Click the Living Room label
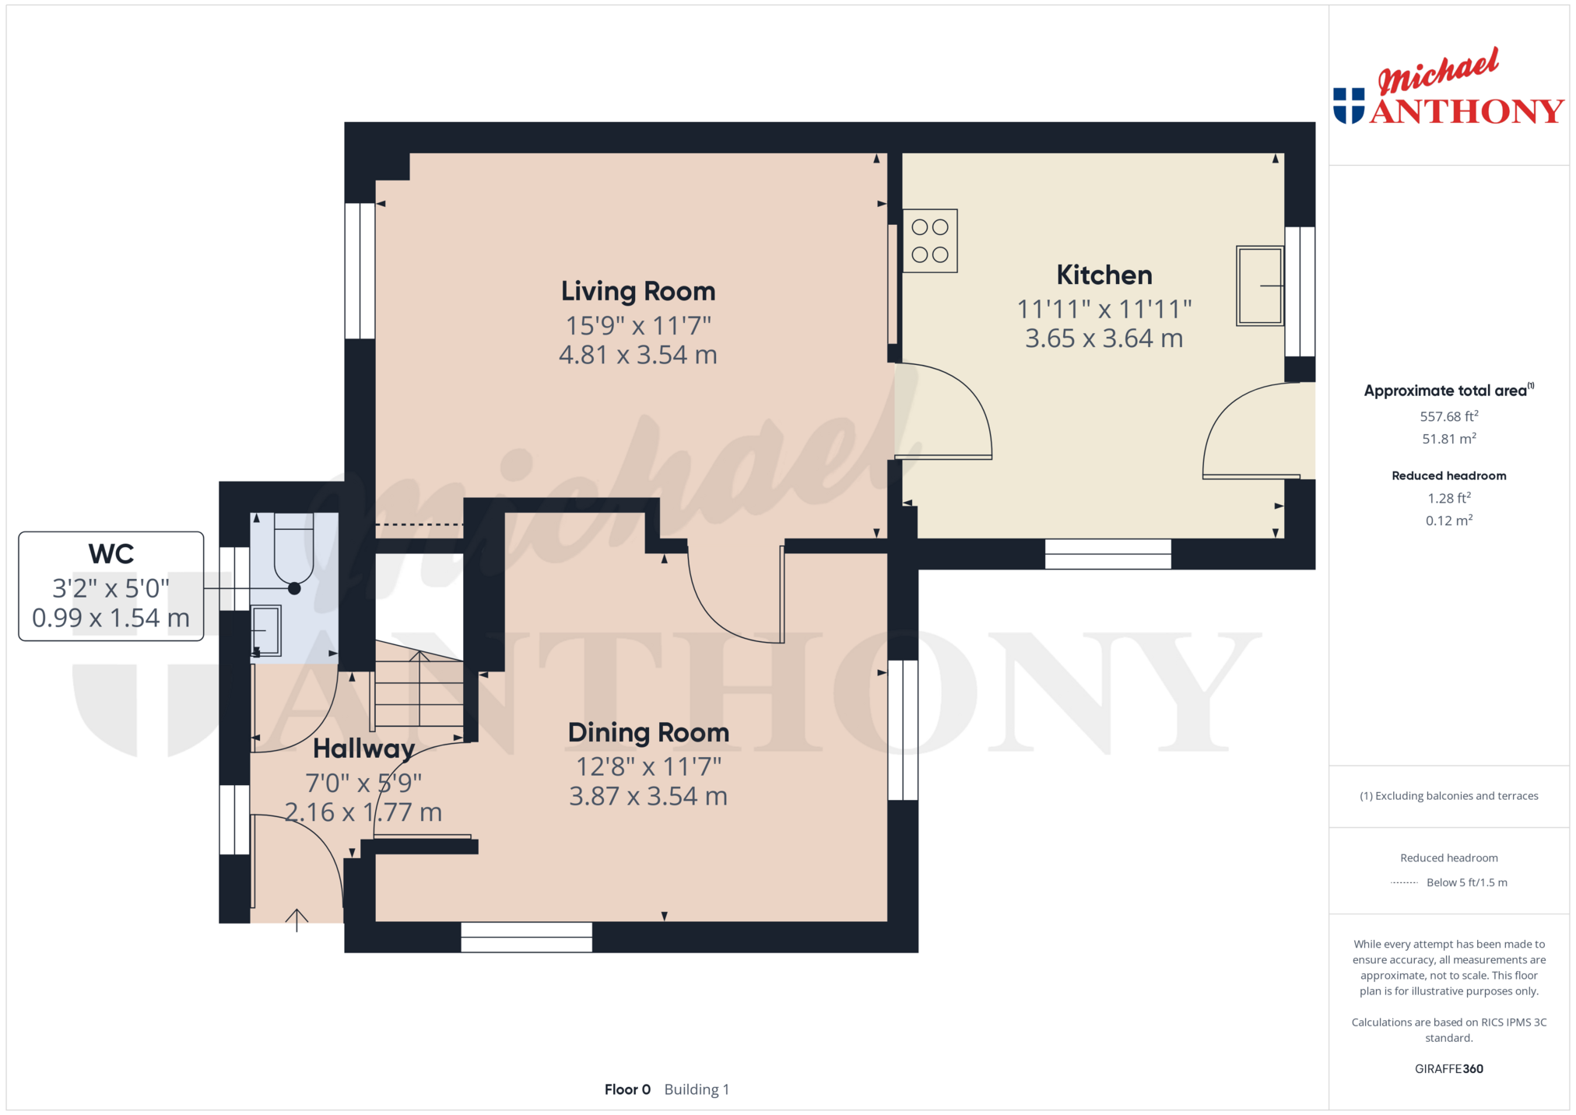(638, 291)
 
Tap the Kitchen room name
(1104, 275)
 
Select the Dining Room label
(648, 732)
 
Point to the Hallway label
(363, 749)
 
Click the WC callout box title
(111, 554)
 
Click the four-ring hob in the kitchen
(930, 241)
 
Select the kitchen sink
(1260, 286)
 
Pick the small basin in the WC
(265, 630)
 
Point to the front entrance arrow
(297, 920)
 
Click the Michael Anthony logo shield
(1349, 106)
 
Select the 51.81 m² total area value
(1449, 439)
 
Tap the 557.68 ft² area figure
(1449, 416)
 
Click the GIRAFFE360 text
(1449, 1069)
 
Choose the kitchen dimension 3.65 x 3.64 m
(1104, 338)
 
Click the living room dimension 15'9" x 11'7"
(638, 325)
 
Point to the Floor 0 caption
(627, 1089)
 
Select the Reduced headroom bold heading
(1449, 475)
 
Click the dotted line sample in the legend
(1404, 882)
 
